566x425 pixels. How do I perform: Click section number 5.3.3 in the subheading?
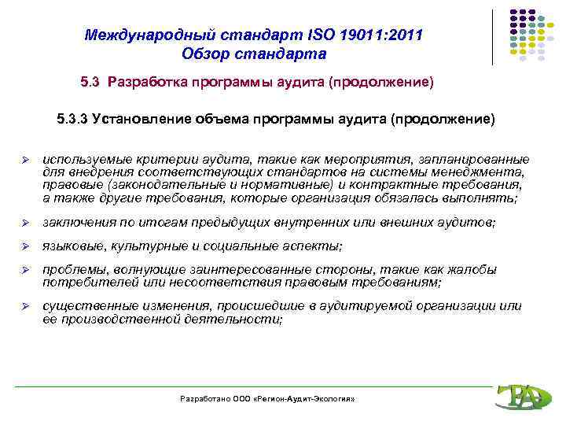72,120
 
